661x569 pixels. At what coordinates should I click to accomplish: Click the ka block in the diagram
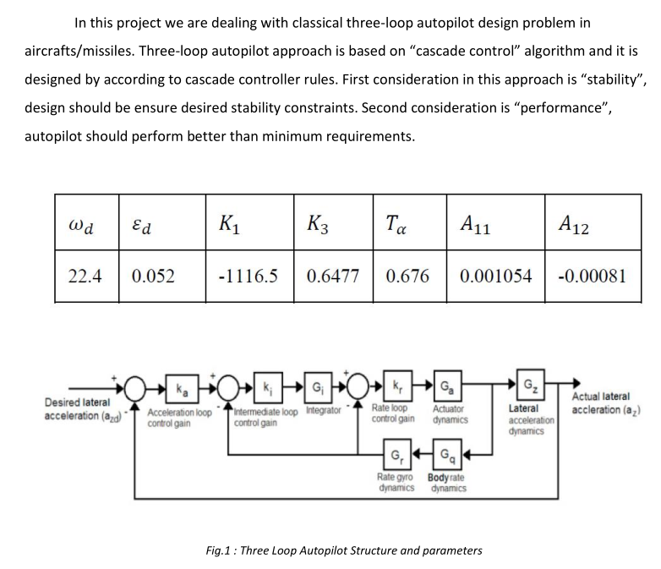click(x=183, y=391)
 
